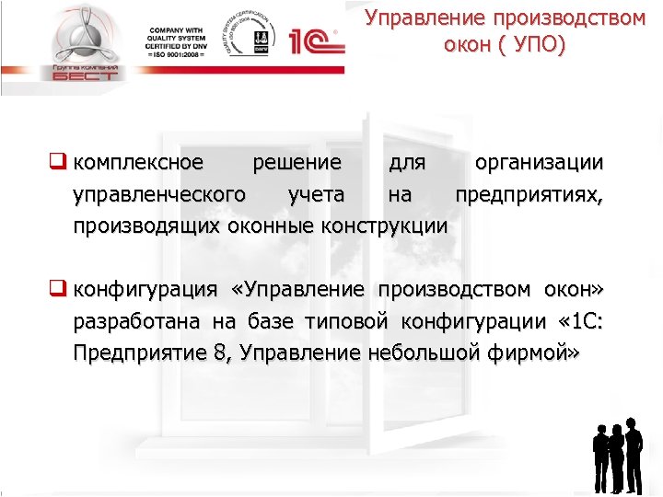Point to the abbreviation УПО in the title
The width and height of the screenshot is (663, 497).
click(x=531, y=45)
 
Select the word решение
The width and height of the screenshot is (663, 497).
click(x=296, y=164)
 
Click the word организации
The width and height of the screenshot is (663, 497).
click(x=539, y=164)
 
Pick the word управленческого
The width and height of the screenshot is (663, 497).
click(x=158, y=194)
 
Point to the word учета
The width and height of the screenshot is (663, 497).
click(x=316, y=194)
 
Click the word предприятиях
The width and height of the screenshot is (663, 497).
click(x=529, y=194)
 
